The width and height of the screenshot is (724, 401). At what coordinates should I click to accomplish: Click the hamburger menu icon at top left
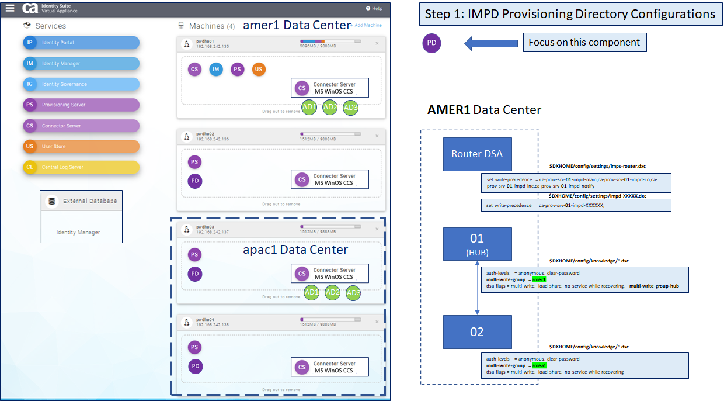10,8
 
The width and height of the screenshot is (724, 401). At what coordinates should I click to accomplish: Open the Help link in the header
374,9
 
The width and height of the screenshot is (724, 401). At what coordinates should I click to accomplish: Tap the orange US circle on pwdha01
259,70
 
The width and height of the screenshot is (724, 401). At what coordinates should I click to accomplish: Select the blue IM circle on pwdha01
216,70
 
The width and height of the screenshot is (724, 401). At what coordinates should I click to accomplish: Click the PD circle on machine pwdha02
195,181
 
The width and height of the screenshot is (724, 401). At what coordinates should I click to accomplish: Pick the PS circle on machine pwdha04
195,348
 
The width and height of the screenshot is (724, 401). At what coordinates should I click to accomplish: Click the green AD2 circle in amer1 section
330,107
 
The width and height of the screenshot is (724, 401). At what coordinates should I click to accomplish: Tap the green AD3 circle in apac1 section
353,293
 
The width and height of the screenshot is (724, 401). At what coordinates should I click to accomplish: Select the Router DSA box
477,154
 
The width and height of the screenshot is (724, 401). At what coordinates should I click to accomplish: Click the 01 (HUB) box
477,244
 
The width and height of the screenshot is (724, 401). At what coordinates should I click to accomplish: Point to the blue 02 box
477,332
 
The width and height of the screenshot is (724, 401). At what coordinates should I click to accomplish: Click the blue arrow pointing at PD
491,43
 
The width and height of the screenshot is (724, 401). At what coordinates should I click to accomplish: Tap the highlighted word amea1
539,365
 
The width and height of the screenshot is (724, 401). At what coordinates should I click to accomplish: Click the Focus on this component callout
584,43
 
